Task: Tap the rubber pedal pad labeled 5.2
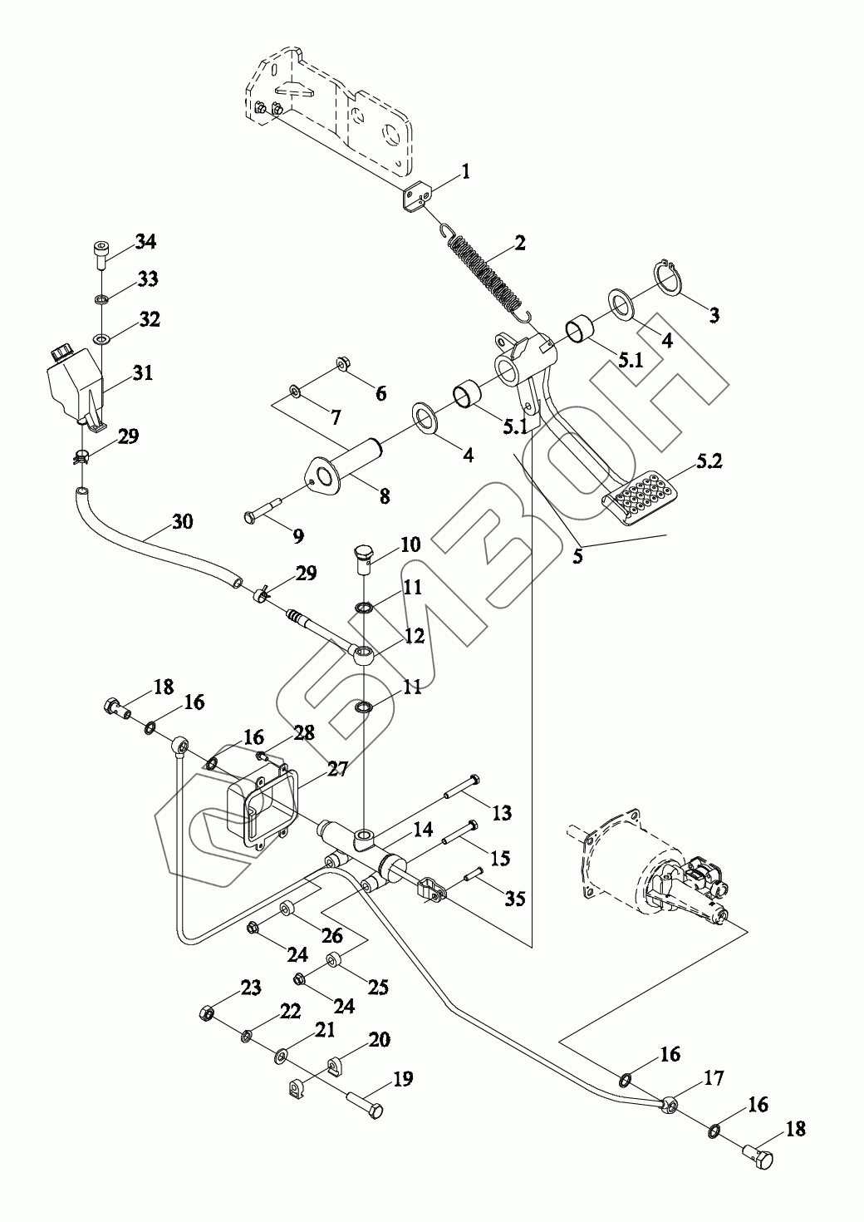point(637,500)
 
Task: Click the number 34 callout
point(145,242)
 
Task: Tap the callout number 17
point(714,1079)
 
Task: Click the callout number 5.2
point(709,461)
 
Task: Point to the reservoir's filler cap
point(61,353)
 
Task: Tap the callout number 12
point(414,636)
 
